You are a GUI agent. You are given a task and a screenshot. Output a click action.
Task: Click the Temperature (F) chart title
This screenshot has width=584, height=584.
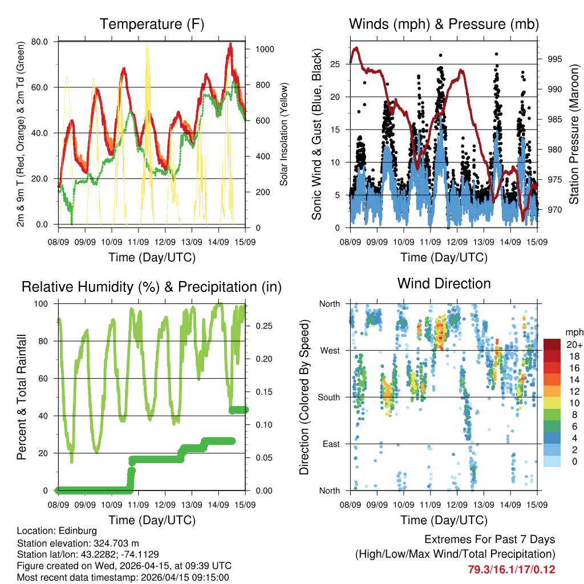pyautogui.click(x=152, y=25)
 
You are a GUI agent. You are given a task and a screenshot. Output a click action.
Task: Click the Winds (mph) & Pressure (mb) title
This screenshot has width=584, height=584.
pyautogui.click(x=444, y=25)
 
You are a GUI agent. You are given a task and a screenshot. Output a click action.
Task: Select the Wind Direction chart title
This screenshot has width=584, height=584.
pyautogui.click(x=444, y=283)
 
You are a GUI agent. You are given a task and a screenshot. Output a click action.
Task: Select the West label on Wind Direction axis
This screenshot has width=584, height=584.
pyautogui.click(x=330, y=350)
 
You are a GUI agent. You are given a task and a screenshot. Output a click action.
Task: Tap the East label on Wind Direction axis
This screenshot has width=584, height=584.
pyautogui.click(x=331, y=444)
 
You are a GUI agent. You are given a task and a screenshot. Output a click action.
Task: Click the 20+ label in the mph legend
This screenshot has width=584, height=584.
pyautogui.click(x=574, y=345)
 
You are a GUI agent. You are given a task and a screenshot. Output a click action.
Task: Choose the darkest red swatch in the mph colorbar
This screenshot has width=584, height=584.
pyautogui.click(x=552, y=344)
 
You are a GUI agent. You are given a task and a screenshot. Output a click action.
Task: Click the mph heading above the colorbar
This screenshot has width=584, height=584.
pyautogui.click(x=573, y=332)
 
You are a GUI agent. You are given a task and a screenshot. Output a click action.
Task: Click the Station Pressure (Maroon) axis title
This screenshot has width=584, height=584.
pyautogui.click(x=574, y=134)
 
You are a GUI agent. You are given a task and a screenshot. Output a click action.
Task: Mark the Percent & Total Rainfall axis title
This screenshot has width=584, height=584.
pyautogui.click(x=21, y=397)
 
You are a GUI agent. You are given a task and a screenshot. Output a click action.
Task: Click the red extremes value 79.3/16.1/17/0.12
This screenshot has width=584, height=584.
pyautogui.click(x=511, y=569)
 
